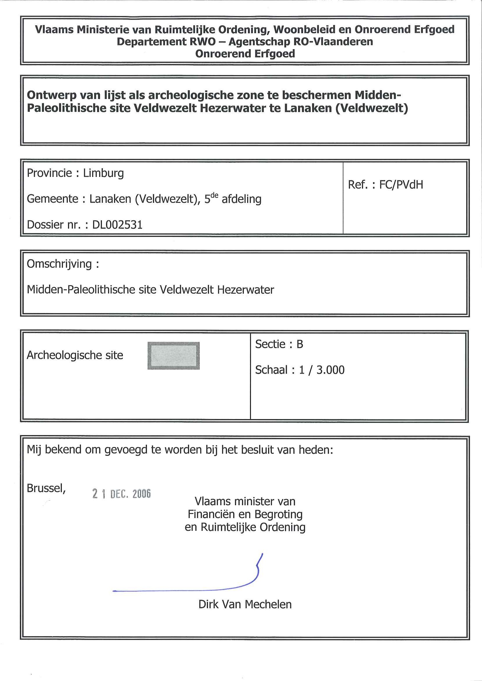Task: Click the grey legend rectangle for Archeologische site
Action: (x=173, y=355)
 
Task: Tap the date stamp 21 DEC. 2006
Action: (x=122, y=494)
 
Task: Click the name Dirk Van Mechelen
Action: (x=245, y=604)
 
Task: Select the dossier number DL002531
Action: (x=117, y=225)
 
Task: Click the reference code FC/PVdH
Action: (x=401, y=185)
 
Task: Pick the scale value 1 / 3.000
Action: (x=322, y=370)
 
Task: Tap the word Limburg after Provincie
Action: (x=103, y=173)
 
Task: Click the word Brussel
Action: (x=46, y=488)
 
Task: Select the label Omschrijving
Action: (x=59, y=264)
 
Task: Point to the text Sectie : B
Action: (x=279, y=344)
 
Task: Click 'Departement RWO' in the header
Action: (x=166, y=42)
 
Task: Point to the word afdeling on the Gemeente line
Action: (x=242, y=199)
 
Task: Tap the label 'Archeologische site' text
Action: (x=75, y=355)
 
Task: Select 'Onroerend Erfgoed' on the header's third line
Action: (x=245, y=54)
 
